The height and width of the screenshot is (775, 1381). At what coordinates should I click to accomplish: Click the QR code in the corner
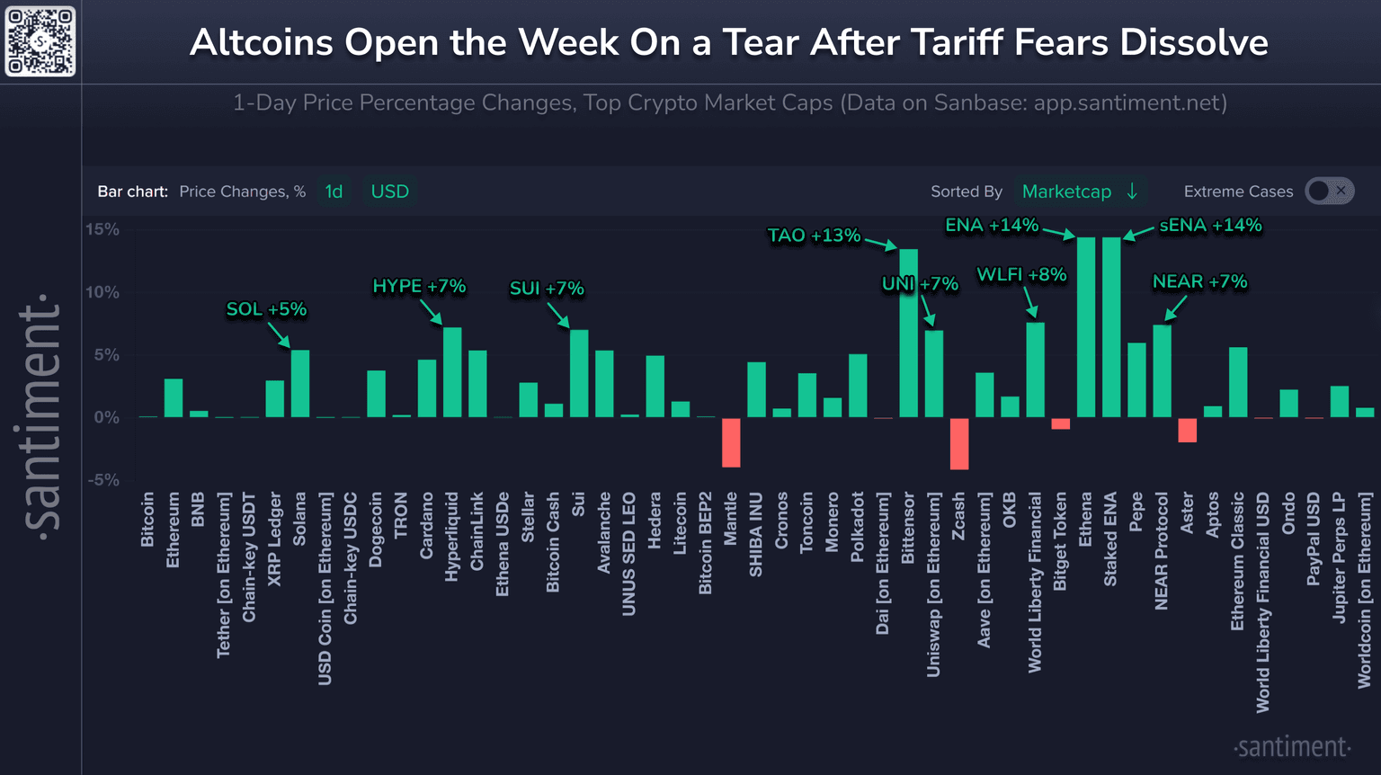pyautogui.click(x=40, y=41)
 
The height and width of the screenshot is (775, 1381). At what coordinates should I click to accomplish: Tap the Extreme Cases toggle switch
pyautogui.click(x=1330, y=191)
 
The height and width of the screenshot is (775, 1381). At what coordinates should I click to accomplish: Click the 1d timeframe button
pyautogui.click(x=334, y=192)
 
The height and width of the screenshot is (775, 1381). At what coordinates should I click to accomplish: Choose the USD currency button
pyautogui.click(x=389, y=192)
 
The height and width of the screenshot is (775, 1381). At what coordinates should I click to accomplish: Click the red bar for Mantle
pyautogui.click(x=731, y=442)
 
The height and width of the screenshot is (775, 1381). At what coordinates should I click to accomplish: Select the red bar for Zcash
pyautogui.click(x=959, y=443)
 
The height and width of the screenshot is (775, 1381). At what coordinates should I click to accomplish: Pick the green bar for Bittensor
pyautogui.click(x=908, y=333)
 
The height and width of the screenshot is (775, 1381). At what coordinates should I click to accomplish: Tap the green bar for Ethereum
pyautogui.click(x=174, y=398)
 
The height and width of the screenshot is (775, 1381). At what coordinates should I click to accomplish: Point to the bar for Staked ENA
pyautogui.click(x=1111, y=327)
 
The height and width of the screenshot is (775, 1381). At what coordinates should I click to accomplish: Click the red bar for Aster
pyautogui.click(x=1188, y=430)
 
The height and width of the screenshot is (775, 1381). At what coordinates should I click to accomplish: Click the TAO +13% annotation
pyautogui.click(x=814, y=236)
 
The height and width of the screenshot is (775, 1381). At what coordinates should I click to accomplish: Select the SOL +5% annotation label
pyautogui.click(x=266, y=309)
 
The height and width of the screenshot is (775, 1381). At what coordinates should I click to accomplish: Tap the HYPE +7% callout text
pyautogui.click(x=419, y=287)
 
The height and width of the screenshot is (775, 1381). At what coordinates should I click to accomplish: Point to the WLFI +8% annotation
pyautogui.click(x=1021, y=275)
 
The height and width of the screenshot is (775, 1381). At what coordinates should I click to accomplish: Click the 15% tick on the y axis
pyautogui.click(x=102, y=230)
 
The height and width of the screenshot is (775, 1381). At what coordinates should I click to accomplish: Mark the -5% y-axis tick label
pyautogui.click(x=102, y=480)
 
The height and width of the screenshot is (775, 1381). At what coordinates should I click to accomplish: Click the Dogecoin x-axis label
pyautogui.click(x=376, y=530)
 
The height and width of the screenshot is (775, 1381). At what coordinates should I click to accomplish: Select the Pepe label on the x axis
pyautogui.click(x=1136, y=512)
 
